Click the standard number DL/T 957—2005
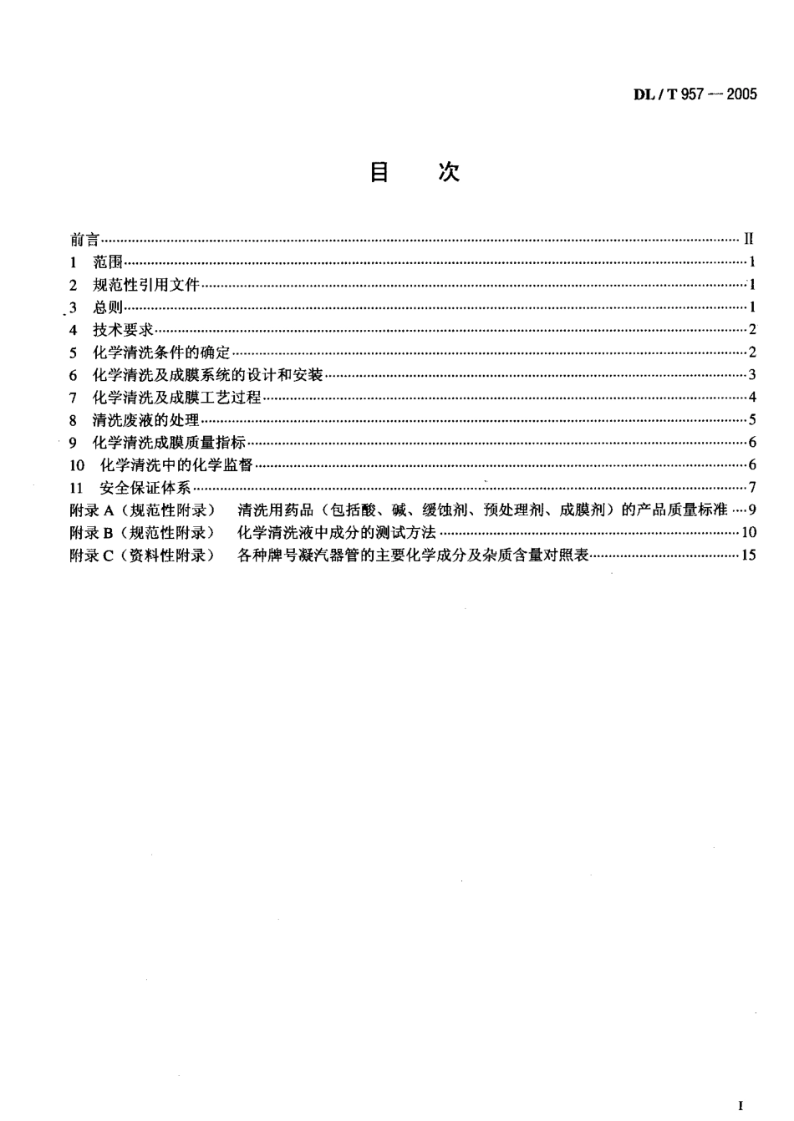[695, 94]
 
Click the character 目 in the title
[379, 173]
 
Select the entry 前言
[84, 240]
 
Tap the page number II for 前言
[748, 240]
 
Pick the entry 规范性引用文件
[145, 285]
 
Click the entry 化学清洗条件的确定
[160, 353]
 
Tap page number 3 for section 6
[752, 375]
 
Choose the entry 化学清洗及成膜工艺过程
[176, 398]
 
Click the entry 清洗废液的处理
[145, 420]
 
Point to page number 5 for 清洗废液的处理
[752, 420]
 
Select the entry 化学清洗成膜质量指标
[169, 443]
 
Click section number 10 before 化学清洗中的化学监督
[78, 465]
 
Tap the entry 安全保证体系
[145, 488]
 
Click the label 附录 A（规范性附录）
[142, 510]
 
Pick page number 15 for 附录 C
[748, 555]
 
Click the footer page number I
[741, 1106]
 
